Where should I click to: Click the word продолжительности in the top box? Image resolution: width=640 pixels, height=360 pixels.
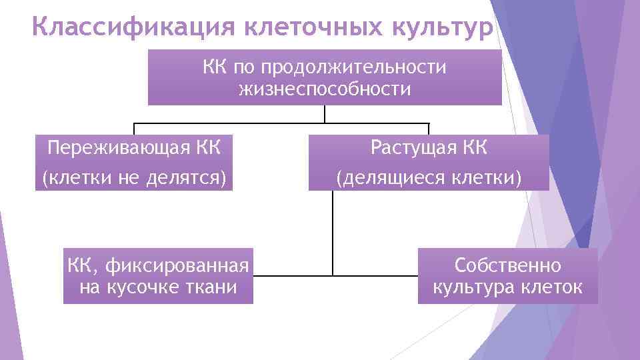click(x=353, y=68)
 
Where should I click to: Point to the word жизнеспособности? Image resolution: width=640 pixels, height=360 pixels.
click(x=325, y=89)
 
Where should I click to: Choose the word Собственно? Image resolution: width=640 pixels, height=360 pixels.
click(x=508, y=266)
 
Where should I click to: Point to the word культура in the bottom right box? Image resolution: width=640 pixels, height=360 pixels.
click(x=475, y=287)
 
